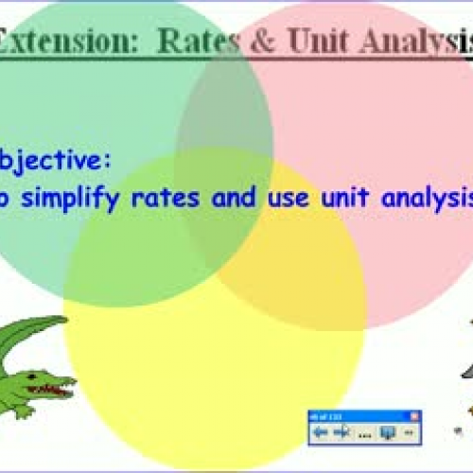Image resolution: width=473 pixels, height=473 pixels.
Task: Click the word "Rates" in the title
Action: pos(195,43)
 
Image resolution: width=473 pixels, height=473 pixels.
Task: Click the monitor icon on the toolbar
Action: pos(388,432)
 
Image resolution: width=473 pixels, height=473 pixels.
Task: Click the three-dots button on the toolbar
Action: pos(365,432)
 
